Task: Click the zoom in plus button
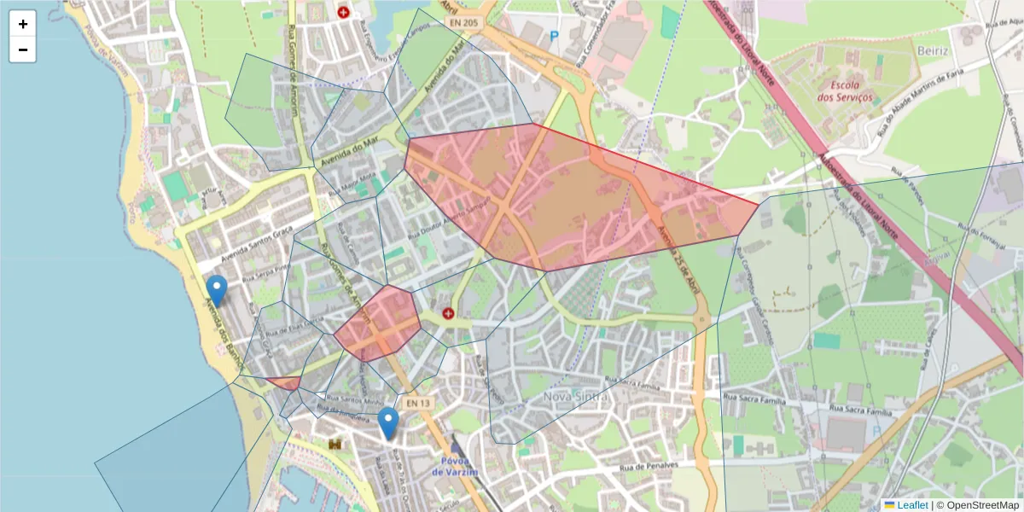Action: tap(23, 24)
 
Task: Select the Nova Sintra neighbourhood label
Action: tap(577, 397)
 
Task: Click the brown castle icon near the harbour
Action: tap(335, 445)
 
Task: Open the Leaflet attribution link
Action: tap(912, 505)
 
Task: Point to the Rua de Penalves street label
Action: tap(649, 467)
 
